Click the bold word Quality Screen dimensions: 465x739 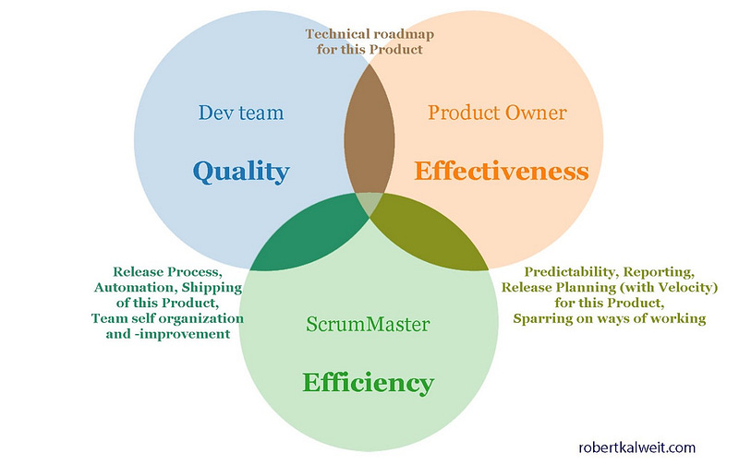click(x=240, y=171)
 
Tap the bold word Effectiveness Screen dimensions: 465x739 click(x=501, y=171)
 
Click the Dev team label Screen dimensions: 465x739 click(x=241, y=113)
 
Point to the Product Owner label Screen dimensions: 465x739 click(x=497, y=113)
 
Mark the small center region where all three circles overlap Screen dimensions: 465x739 click(x=369, y=203)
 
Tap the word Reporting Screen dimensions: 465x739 click(x=660, y=272)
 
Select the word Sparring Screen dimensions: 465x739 click(x=542, y=318)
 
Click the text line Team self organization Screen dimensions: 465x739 click(x=167, y=318)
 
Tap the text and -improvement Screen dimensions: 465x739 click(x=167, y=334)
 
